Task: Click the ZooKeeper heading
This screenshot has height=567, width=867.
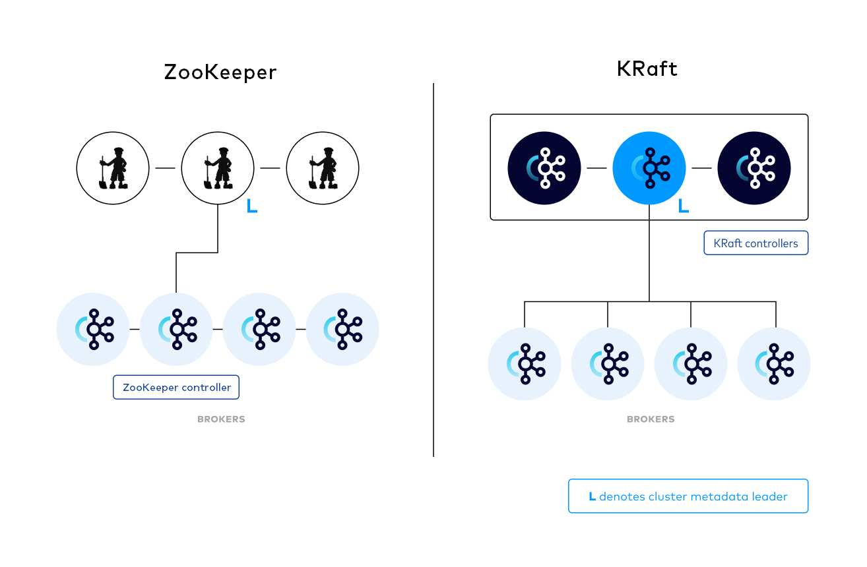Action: (220, 73)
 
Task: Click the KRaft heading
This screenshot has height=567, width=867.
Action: (647, 69)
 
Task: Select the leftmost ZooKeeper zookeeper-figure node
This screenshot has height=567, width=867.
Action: (113, 168)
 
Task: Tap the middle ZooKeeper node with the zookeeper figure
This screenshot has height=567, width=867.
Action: (218, 168)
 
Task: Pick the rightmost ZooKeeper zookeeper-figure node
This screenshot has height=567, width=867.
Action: (322, 168)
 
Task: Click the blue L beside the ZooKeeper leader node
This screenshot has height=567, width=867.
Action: (251, 206)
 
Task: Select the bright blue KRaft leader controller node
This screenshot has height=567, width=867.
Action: (649, 168)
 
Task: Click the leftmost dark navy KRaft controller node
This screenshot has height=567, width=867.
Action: (544, 168)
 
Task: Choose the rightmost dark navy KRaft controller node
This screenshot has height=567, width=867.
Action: (754, 168)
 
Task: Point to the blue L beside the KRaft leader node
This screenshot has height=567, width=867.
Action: (684, 206)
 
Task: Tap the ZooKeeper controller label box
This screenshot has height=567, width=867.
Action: (176, 387)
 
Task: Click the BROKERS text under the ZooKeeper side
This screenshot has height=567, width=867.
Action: (221, 419)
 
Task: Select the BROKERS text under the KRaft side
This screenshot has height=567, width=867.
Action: (651, 419)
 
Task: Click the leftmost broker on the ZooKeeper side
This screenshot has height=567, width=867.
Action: (93, 329)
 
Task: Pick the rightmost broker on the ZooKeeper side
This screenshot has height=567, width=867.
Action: (342, 329)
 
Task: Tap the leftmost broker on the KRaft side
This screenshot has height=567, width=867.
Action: (525, 364)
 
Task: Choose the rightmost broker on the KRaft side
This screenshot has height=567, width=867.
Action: (774, 364)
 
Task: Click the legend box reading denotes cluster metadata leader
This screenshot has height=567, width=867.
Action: (688, 496)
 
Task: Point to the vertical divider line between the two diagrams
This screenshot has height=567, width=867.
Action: (434, 270)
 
